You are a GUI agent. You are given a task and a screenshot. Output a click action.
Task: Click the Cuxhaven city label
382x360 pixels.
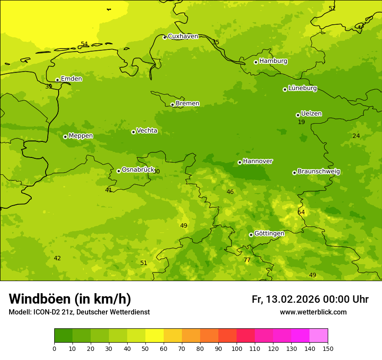point(183,36)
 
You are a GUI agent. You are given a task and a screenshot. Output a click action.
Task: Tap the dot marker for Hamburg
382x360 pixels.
point(256,62)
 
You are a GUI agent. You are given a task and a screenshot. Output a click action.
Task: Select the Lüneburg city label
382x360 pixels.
point(303,88)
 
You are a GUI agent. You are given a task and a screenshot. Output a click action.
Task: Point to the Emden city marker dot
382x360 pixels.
point(57,80)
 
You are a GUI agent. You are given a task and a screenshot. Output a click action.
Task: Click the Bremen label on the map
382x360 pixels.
point(188,103)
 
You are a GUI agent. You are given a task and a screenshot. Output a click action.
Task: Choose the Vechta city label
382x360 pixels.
point(147,131)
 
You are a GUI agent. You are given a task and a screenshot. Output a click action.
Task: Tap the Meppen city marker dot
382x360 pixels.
point(65,137)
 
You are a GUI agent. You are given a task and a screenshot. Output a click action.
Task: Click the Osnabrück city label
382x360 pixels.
point(138,170)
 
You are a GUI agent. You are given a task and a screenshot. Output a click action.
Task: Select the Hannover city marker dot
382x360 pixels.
point(240,162)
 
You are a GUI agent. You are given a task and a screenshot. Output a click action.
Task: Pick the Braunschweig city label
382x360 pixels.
point(319,171)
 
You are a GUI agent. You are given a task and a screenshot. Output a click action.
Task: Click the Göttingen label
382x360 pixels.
point(269,233)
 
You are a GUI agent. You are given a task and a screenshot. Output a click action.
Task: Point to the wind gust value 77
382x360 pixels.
point(247,260)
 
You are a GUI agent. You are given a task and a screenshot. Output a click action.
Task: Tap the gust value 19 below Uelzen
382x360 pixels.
point(301,122)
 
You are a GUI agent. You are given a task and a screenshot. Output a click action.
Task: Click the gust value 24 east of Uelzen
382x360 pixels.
point(356,136)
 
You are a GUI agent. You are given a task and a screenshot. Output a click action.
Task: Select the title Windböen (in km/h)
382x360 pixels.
point(70,299)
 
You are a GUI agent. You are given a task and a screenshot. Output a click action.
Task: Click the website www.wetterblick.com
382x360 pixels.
point(313,312)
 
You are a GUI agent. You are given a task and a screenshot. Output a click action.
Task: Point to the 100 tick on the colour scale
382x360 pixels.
point(237,348)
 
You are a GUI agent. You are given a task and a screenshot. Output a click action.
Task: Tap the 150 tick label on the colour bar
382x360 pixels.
point(328,348)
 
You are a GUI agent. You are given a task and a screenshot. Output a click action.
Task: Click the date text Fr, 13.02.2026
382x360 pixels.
point(286,299)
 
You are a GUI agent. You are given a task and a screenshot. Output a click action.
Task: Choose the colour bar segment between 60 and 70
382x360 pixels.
point(173,335)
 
